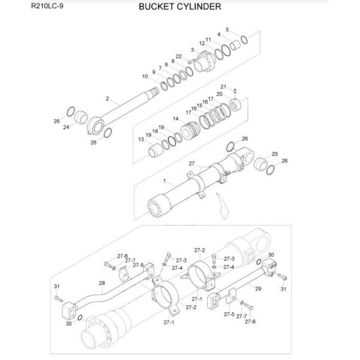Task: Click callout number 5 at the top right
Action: tap(227, 29)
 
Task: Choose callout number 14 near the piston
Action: tap(175, 119)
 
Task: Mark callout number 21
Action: tap(223, 86)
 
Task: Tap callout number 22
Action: tap(179, 56)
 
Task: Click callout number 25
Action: tap(275, 154)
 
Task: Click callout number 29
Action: tap(259, 289)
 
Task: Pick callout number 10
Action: tap(145, 76)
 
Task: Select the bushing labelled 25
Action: tap(262, 164)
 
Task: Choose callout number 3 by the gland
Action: tap(192, 49)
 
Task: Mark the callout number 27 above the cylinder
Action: tap(191, 163)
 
